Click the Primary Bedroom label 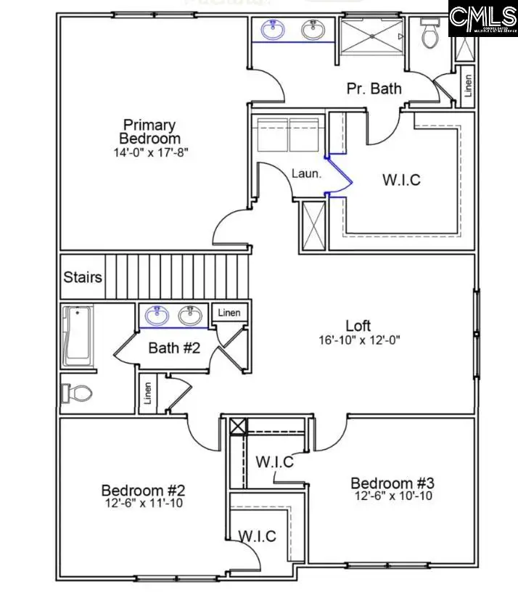150,131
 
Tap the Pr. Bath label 374,89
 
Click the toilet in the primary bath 429,34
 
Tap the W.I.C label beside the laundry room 400,178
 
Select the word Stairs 82,277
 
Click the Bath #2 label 174,348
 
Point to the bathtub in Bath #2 78,335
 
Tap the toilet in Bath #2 78,393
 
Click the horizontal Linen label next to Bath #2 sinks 231,313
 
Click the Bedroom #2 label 138,490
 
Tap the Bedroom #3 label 392,483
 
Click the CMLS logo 482,18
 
